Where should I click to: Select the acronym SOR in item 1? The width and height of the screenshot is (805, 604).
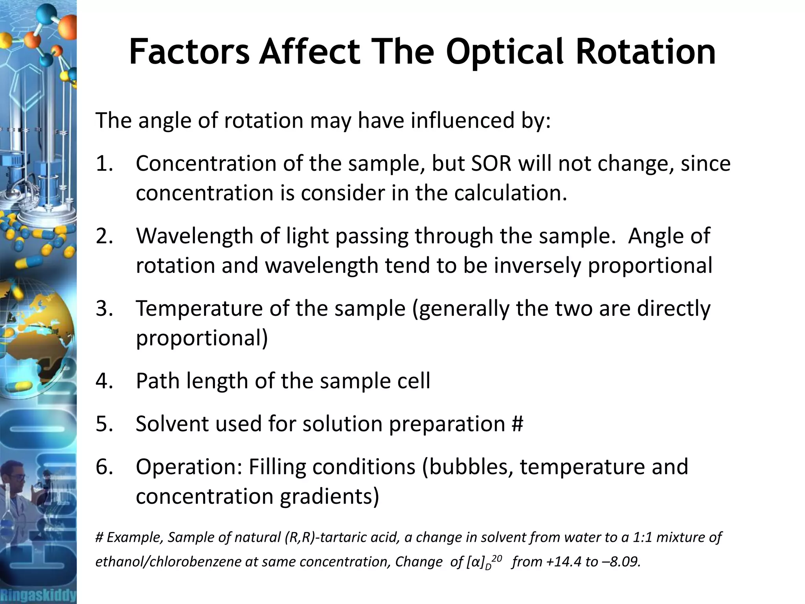click(491, 164)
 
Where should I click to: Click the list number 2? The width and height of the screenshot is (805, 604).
click(104, 236)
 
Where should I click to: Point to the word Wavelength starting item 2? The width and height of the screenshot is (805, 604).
click(208, 236)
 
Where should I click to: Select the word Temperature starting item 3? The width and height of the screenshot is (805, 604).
click(199, 308)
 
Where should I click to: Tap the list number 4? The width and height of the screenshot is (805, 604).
click(104, 381)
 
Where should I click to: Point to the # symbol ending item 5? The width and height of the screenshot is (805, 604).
click(517, 424)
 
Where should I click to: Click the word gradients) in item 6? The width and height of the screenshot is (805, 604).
click(329, 496)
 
